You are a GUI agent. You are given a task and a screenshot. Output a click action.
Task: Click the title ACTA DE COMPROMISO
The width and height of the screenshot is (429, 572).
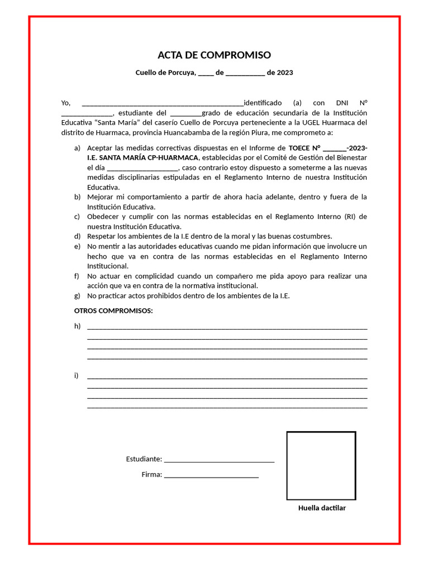point(214,55)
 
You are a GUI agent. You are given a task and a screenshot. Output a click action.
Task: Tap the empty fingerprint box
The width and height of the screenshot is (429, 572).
point(321,465)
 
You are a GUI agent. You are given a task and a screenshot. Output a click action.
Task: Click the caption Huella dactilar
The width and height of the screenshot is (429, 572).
point(322,508)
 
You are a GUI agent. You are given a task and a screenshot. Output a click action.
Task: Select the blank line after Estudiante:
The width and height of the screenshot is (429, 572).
point(219,460)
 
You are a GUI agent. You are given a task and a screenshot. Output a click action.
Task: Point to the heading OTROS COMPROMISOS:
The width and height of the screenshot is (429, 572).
point(113,311)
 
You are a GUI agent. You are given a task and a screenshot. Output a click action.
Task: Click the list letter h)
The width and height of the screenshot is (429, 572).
point(78,326)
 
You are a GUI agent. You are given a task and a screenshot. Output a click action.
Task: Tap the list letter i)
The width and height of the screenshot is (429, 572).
point(77,375)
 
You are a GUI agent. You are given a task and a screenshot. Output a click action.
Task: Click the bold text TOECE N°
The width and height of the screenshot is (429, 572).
point(304,148)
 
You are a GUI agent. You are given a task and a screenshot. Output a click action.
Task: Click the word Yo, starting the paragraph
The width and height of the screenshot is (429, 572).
point(66,103)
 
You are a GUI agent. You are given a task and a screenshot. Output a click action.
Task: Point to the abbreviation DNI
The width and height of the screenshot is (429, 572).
point(341,103)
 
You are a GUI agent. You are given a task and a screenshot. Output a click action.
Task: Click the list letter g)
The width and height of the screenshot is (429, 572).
point(78,296)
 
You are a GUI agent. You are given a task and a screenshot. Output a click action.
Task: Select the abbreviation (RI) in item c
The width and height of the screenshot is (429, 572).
point(350,217)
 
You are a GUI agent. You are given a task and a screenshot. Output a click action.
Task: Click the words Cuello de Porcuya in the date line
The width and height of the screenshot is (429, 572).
point(165,73)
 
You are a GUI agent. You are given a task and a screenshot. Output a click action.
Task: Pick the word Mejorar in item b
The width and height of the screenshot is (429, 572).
point(101,197)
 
